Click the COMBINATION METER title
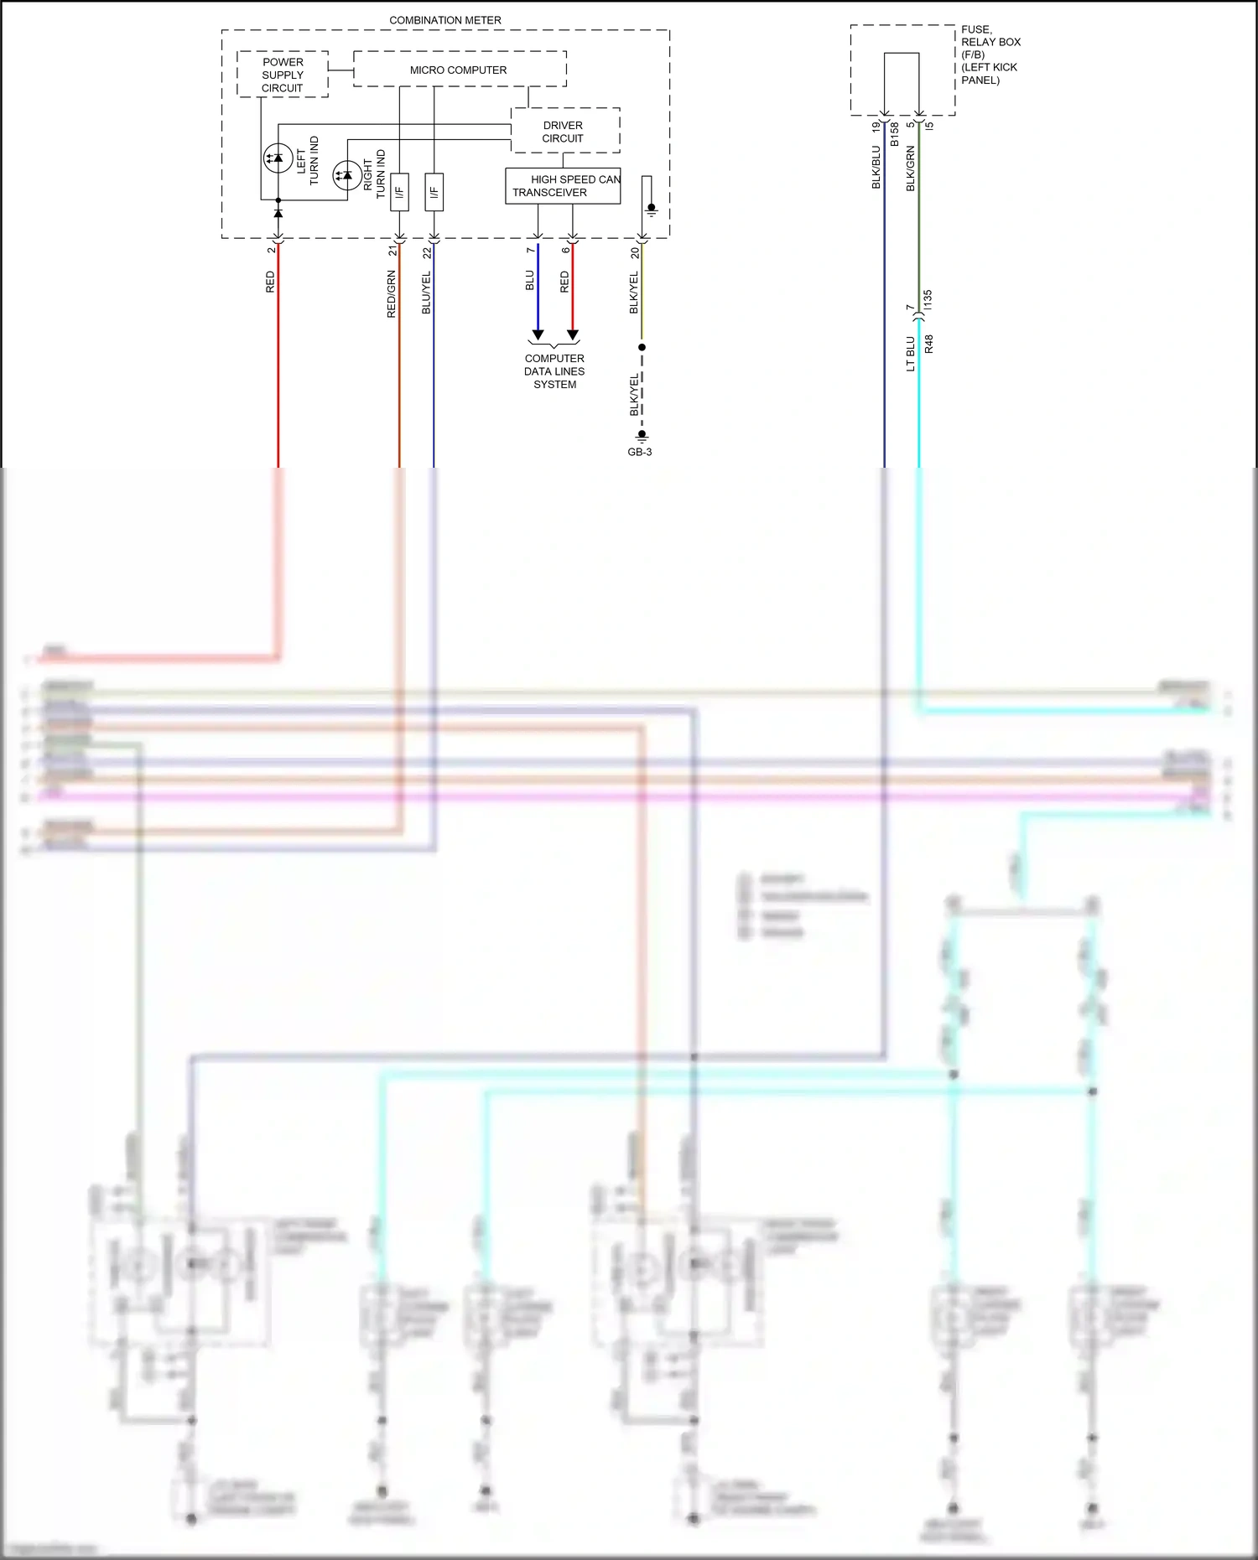pyautogui.click(x=445, y=20)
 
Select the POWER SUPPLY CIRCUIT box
pyautogui.click(x=283, y=75)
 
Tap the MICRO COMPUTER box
pyautogui.click(x=459, y=70)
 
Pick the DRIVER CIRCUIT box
pyautogui.click(x=564, y=132)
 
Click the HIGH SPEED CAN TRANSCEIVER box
pyautogui.click(x=563, y=186)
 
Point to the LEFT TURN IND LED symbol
pyautogui.click(x=278, y=158)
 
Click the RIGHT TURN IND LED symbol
pyautogui.click(x=347, y=175)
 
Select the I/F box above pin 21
pyautogui.click(x=399, y=192)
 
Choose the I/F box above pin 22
pyautogui.click(x=434, y=192)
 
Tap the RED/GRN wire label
pyautogui.click(x=391, y=294)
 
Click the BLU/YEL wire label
pyautogui.click(x=426, y=293)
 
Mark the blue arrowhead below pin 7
pyautogui.click(x=538, y=334)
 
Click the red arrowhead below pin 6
pyautogui.click(x=573, y=334)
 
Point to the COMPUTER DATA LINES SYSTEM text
pyautogui.click(x=554, y=371)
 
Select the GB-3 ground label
pyautogui.click(x=640, y=452)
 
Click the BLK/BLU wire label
pyautogui.click(x=876, y=168)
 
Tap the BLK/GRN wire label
pyautogui.click(x=911, y=168)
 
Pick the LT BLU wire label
pyautogui.click(x=911, y=354)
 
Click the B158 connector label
pyautogui.click(x=894, y=134)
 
